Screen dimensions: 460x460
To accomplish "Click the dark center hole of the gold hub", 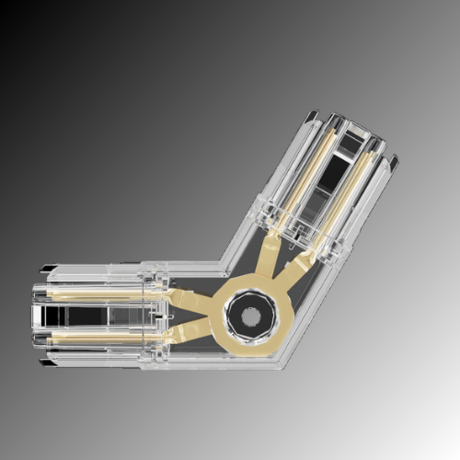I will tap(250, 319).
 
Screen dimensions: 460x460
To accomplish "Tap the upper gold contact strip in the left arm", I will tap(101, 294).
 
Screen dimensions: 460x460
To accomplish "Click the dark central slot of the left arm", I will tap(101, 316).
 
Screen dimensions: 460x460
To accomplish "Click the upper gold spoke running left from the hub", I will tap(189, 298).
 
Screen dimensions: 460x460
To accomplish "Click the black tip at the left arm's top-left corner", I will tap(44, 270).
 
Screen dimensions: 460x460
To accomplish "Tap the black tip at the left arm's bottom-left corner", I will tap(44, 362).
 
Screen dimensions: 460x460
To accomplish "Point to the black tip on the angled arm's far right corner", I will tap(394, 163).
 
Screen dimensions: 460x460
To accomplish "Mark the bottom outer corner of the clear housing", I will tap(281, 366).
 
